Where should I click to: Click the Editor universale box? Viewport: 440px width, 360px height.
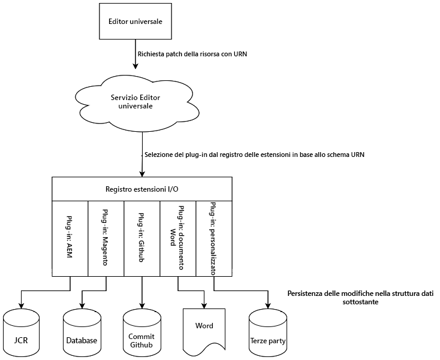135,21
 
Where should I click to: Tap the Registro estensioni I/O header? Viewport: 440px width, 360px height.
141,189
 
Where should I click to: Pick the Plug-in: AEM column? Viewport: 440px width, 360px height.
70,238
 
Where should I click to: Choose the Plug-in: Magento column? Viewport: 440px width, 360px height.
106,238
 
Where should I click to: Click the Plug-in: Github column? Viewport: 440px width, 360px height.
142,238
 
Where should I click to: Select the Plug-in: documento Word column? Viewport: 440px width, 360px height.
178,238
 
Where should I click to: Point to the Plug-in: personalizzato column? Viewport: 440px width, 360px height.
214,238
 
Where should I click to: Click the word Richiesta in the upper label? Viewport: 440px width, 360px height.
153,54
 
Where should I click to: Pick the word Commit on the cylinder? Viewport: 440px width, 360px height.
141,337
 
